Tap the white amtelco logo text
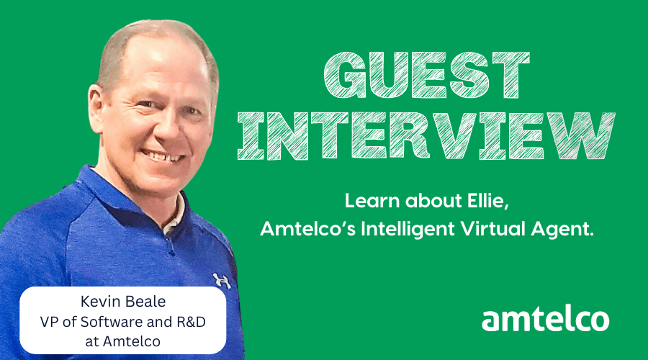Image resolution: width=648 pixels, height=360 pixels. click(x=545, y=318)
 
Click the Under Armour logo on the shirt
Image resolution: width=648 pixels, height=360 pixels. click(x=221, y=279)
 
